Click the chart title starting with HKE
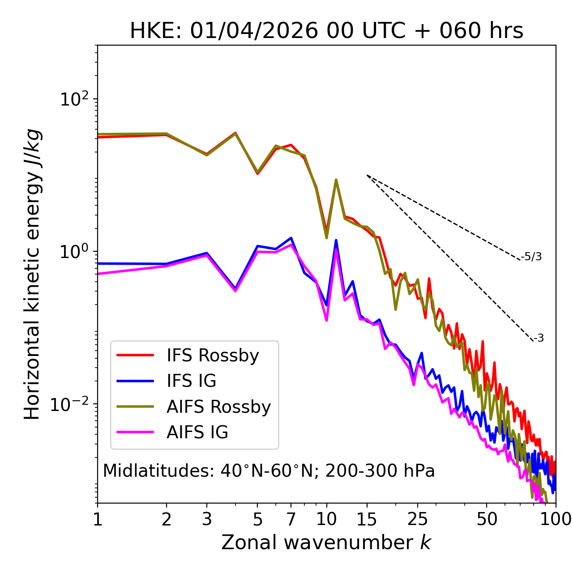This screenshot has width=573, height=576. click(x=326, y=31)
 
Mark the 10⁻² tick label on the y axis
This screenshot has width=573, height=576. click(x=72, y=404)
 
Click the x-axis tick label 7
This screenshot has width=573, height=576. click(x=291, y=519)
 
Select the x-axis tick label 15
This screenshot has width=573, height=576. click(x=367, y=519)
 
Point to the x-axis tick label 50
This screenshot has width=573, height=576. click(x=487, y=519)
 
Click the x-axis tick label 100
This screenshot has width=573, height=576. click(x=556, y=519)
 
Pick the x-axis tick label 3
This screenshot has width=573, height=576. click(x=206, y=519)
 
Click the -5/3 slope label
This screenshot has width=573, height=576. click(x=531, y=257)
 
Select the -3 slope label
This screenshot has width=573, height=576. click(x=539, y=339)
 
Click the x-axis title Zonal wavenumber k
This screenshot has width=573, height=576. click(x=326, y=542)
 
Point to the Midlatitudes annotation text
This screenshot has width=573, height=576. click(x=269, y=471)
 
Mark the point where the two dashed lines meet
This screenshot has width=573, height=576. click(x=367, y=175)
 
